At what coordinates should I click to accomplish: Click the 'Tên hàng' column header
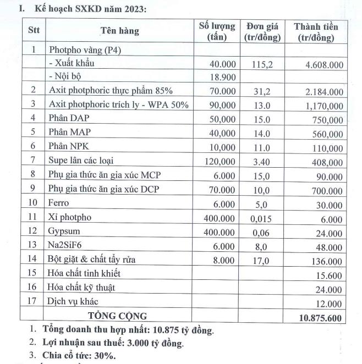tap(120, 31)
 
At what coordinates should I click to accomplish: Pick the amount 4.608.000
tap(325, 64)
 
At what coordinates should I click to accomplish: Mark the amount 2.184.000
tap(325, 91)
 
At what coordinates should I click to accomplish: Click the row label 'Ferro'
tap(59, 203)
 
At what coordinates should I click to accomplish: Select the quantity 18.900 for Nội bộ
tap(223, 77)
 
